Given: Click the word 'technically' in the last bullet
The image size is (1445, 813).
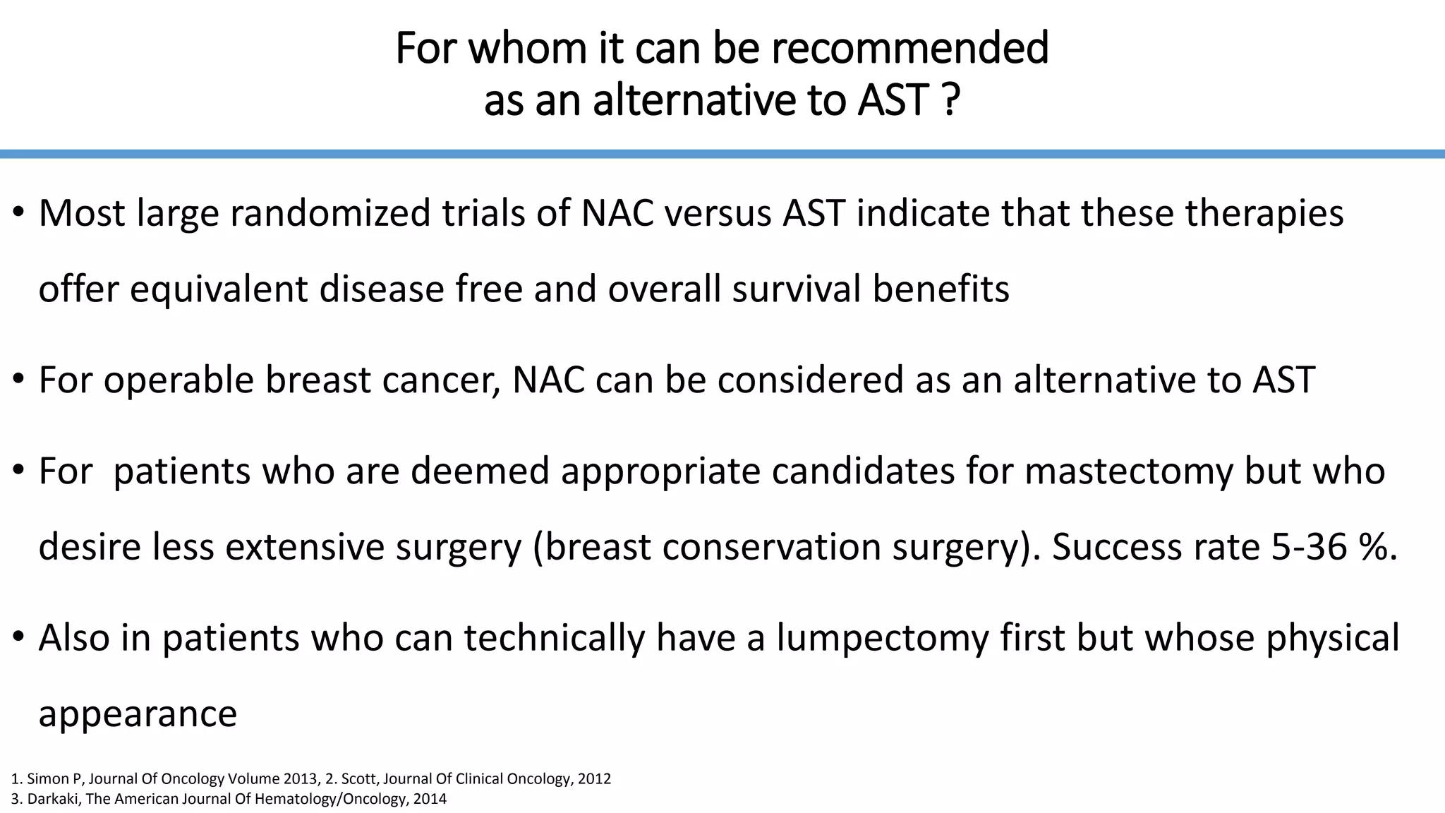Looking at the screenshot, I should (554, 637).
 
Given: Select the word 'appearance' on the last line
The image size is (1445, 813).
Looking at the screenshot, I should (138, 713).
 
